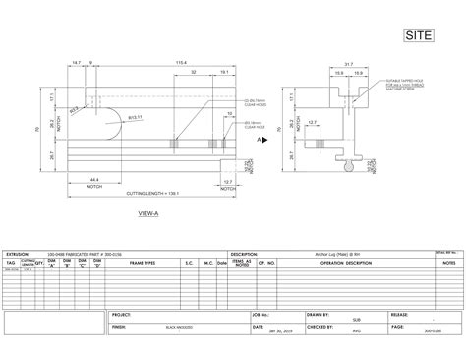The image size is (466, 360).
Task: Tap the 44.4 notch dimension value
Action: (x=93, y=179)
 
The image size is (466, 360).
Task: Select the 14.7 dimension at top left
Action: (x=77, y=63)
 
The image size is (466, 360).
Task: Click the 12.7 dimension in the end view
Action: (x=340, y=122)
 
